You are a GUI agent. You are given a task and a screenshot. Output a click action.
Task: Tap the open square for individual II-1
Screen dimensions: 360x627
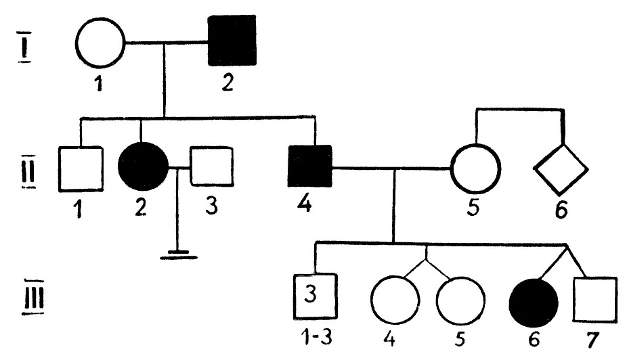(81, 167)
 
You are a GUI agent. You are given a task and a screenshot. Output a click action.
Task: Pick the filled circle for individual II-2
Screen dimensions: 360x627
(142, 167)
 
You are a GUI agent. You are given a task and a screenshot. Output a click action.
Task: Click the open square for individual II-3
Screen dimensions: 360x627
(210, 166)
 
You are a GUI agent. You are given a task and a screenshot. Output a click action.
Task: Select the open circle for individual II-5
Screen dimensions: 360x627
(475, 167)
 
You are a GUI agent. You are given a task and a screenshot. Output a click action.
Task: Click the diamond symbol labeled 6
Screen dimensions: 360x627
(561, 168)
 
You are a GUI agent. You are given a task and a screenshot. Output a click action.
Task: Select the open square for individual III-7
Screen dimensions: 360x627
(594, 299)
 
